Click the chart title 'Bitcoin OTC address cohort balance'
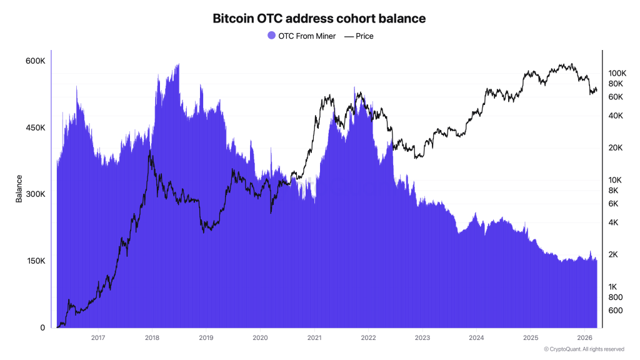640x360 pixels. click(x=319, y=19)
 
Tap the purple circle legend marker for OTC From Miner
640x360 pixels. click(x=271, y=36)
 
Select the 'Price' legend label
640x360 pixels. click(x=364, y=36)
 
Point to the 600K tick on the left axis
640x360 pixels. click(x=35, y=61)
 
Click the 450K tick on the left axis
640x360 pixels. click(x=35, y=128)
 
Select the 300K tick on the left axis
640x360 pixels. click(x=35, y=194)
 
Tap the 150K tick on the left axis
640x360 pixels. click(x=35, y=261)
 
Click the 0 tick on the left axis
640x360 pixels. click(x=42, y=327)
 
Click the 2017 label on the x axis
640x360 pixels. click(x=97, y=338)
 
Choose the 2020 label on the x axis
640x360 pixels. click(x=260, y=338)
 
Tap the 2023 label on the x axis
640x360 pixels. click(x=422, y=338)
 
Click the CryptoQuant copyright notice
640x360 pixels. click(x=584, y=349)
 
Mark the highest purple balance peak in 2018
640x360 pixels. click(x=179, y=64)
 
